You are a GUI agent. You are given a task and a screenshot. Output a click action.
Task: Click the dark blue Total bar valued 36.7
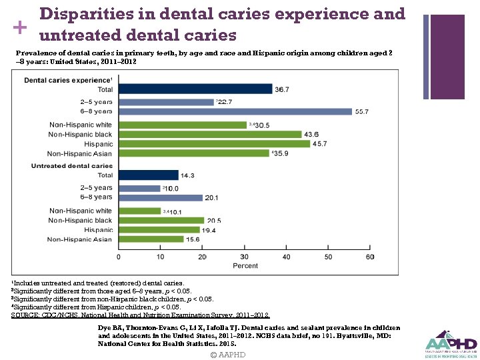click(x=195, y=89)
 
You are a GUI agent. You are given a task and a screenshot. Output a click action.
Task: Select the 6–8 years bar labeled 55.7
click(x=235, y=111)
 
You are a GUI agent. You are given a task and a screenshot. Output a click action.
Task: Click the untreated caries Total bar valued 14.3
click(x=149, y=175)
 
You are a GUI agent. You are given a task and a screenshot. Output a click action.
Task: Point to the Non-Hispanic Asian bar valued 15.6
click(x=151, y=239)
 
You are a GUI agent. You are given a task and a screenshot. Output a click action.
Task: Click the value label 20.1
click(x=213, y=198)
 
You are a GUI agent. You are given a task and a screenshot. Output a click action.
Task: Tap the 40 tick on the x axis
click(x=286, y=257)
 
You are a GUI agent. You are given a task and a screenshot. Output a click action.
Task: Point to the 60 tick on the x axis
click(x=370, y=257)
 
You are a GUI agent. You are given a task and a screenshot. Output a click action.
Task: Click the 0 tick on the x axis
click(x=119, y=257)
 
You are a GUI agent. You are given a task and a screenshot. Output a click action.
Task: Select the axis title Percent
click(x=245, y=266)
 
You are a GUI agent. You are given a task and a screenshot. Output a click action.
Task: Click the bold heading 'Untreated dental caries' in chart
click(x=72, y=165)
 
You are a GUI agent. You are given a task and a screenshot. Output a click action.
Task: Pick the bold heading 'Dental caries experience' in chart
click(x=67, y=80)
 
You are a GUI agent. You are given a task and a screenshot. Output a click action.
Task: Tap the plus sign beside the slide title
click(x=19, y=27)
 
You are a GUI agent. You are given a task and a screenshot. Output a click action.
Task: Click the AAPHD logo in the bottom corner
click(x=451, y=343)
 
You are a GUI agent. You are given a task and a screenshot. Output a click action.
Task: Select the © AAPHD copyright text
click(x=228, y=355)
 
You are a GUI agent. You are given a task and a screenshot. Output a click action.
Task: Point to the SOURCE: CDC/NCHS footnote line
click(x=140, y=315)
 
